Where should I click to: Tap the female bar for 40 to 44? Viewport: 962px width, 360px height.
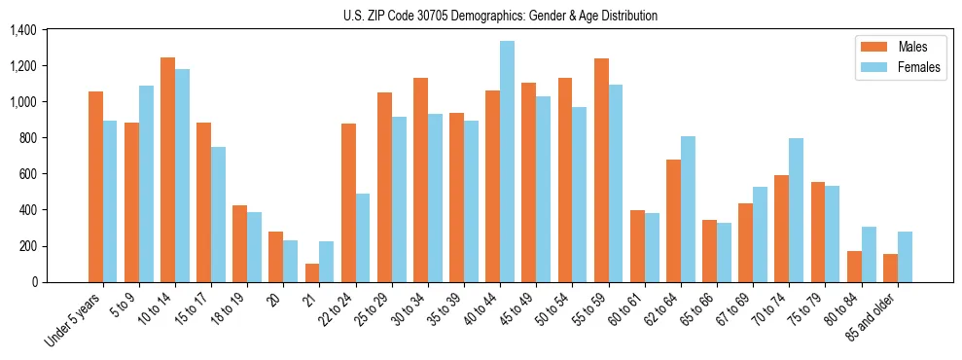(x=507, y=162)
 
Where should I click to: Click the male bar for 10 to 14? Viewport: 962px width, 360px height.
(x=167, y=169)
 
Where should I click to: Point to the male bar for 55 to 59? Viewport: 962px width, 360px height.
(x=601, y=170)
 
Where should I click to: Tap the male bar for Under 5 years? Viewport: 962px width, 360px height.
(x=95, y=187)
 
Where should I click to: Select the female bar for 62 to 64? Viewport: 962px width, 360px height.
(x=688, y=209)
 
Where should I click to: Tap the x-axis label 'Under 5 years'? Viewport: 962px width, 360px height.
(x=76, y=319)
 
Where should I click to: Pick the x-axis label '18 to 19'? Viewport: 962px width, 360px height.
(x=231, y=310)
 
